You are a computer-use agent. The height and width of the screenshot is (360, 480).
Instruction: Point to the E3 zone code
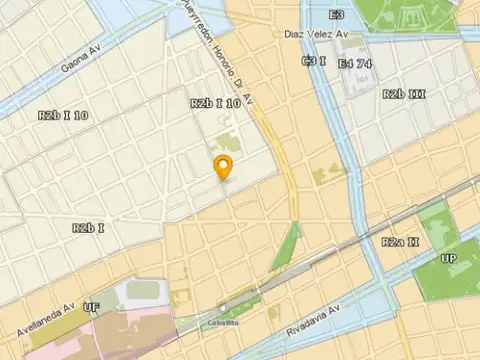[x=337, y=15]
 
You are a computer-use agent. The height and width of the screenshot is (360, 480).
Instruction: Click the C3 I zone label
[x=314, y=62]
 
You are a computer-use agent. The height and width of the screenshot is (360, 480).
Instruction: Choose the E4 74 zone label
[x=355, y=63]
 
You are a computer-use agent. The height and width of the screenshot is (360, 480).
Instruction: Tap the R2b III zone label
[x=405, y=94]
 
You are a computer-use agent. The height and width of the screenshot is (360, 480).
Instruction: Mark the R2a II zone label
[x=400, y=242]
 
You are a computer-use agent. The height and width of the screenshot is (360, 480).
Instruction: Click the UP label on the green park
[x=450, y=260]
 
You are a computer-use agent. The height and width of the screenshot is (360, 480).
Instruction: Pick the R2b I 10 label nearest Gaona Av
[x=63, y=115]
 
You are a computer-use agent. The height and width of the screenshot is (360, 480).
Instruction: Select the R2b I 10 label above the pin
[x=214, y=103]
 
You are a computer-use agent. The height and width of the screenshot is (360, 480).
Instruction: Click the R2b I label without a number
[x=89, y=228]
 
